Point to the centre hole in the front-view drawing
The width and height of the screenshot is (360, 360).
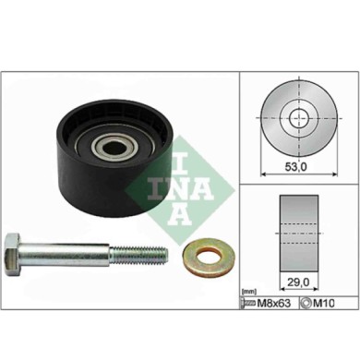(299, 118)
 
